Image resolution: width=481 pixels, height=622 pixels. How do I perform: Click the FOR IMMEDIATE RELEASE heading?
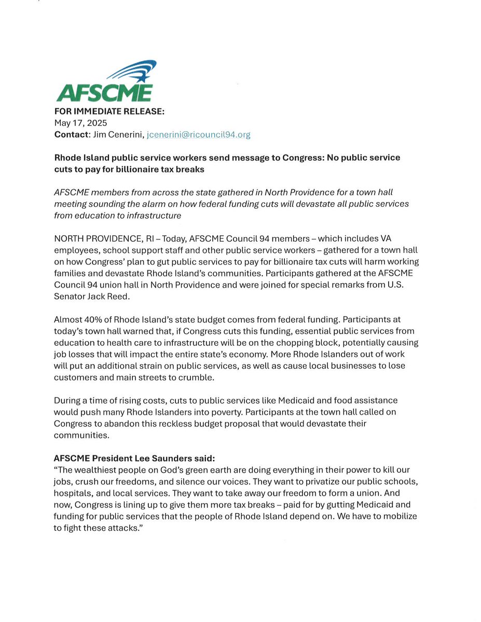(x=109, y=112)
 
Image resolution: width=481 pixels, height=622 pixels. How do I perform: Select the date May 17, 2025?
(x=80, y=123)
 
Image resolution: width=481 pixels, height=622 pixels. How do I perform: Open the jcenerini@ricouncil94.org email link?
(x=199, y=134)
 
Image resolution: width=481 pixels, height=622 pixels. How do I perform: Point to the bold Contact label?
(x=71, y=134)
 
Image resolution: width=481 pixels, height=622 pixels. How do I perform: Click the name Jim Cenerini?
(x=117, y=134)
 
